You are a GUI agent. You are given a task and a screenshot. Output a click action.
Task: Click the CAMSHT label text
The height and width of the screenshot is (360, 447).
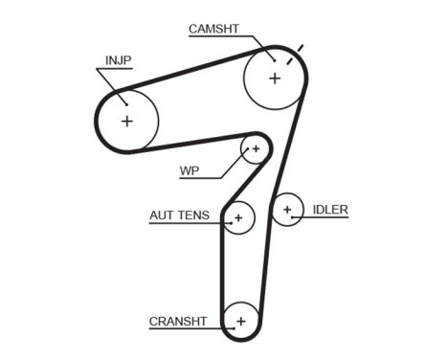pyautogui.click(x=213, y=29)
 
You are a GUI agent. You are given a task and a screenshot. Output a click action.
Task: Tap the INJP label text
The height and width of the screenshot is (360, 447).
pyautogui.click(x=118, y=59)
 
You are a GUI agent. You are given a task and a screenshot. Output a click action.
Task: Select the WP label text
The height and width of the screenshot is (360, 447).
pyautogui.click(x=190, y=171)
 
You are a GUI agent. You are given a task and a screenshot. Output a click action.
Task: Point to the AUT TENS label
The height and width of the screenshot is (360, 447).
pyautogui.click(x=178, y=215)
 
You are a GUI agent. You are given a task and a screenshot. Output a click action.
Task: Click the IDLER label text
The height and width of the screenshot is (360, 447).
pyautogui.click(x=330, y=209)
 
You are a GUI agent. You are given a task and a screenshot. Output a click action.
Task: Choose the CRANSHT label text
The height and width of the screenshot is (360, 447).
pyautogui.click(x=179, y=321)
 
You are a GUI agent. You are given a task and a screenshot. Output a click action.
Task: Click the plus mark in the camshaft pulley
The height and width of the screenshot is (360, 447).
pyautogui.click(x=275, y=78)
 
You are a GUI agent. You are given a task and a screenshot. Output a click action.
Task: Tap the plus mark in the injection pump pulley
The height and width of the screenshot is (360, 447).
pyautogui.click(x=126, y=121)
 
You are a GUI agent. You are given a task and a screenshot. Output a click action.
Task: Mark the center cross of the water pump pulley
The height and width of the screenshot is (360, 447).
pyautogui.click(x=256, y=148)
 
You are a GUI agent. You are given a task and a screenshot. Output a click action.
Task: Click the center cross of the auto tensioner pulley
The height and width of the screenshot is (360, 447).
pyautogui.click(x=238, y=218)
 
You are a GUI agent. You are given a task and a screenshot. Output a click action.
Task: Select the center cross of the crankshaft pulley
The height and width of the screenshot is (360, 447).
pyautogui.click(x=241, y=321)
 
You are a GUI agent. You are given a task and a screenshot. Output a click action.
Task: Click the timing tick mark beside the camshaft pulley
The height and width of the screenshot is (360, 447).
pyautogui.click(x=300, y=47)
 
